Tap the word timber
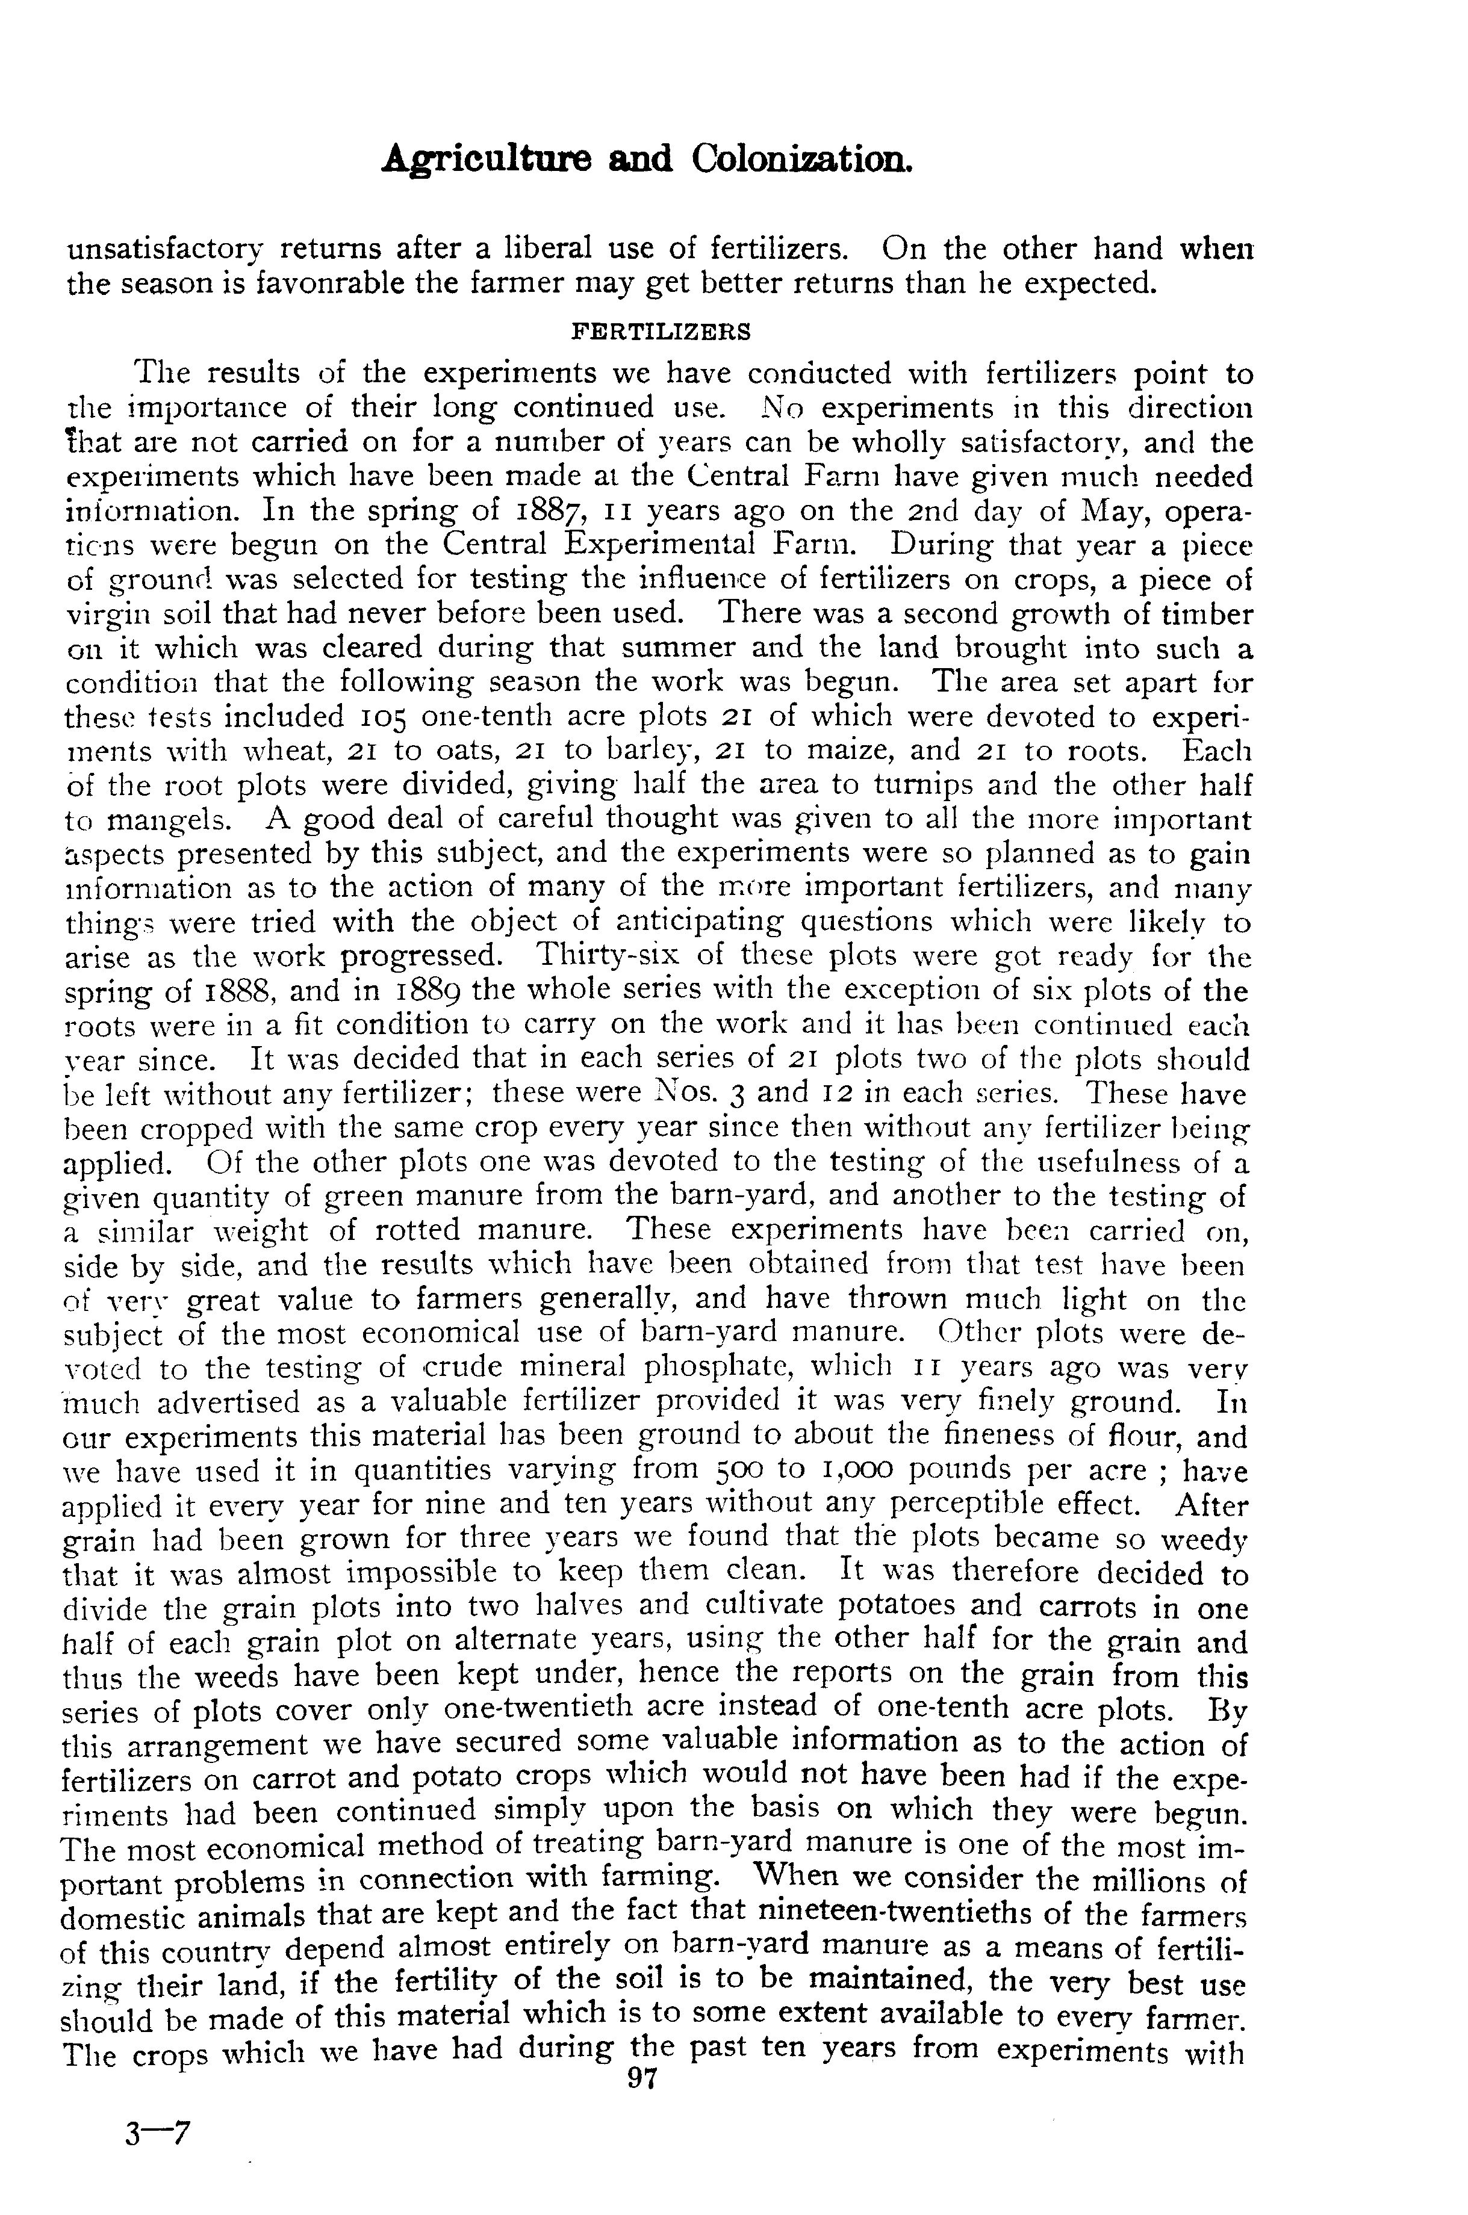(x=1206, y=615)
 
